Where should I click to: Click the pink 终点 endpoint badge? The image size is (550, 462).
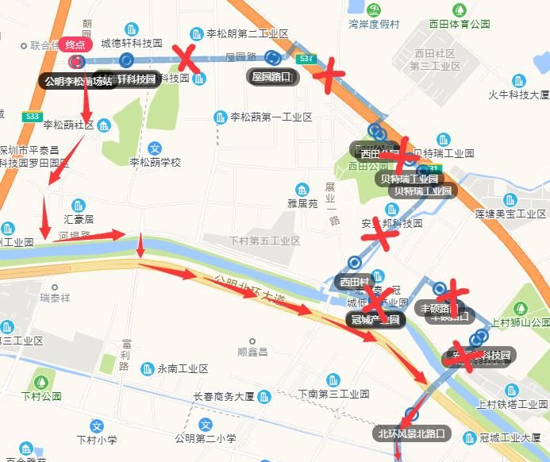coord(76,45)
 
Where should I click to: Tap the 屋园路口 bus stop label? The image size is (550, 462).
coord(272,77)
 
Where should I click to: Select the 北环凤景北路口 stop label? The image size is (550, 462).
coord(413,433)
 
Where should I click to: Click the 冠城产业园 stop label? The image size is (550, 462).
coord(375,320)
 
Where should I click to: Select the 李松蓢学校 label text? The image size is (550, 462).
coord(156,162)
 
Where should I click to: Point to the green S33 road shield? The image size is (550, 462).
coord(32,117)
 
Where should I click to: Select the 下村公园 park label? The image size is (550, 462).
coord(41,396)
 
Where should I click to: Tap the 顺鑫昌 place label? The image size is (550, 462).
coord(252,352)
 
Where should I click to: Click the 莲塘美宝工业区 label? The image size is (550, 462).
coord(511,214)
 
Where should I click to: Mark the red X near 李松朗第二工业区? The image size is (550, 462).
coord(187,57)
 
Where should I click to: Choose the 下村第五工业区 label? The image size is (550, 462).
coord(263,241)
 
